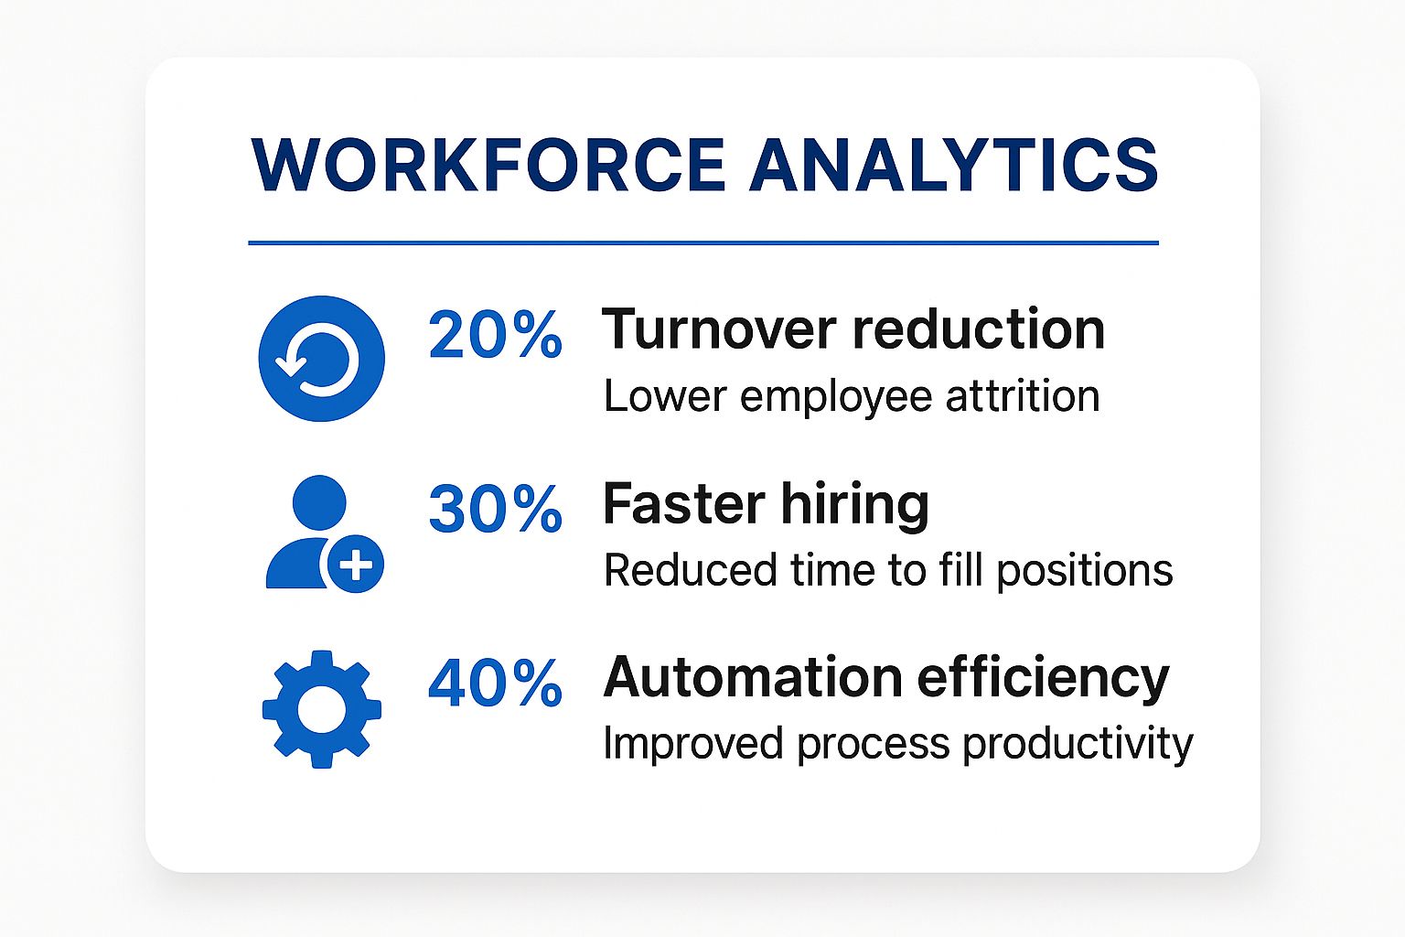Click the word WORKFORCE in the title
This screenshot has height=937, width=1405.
(488, 166)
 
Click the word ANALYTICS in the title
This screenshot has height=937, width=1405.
(954, 166)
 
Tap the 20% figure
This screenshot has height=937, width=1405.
(495, 335)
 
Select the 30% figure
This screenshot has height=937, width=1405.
(495, 509)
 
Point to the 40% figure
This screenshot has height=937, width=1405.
(495, 683)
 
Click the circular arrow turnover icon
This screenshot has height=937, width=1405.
(321, 358)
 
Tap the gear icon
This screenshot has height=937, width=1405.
(321, 709)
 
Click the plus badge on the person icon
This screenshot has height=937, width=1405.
(355, 564)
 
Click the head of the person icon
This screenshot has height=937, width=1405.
(318, 502)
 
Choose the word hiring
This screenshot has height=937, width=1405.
(854, 505)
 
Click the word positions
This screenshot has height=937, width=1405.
(1084, 571)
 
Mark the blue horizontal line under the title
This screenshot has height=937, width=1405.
(702, 242)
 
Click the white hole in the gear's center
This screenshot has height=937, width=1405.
(321, 710)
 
